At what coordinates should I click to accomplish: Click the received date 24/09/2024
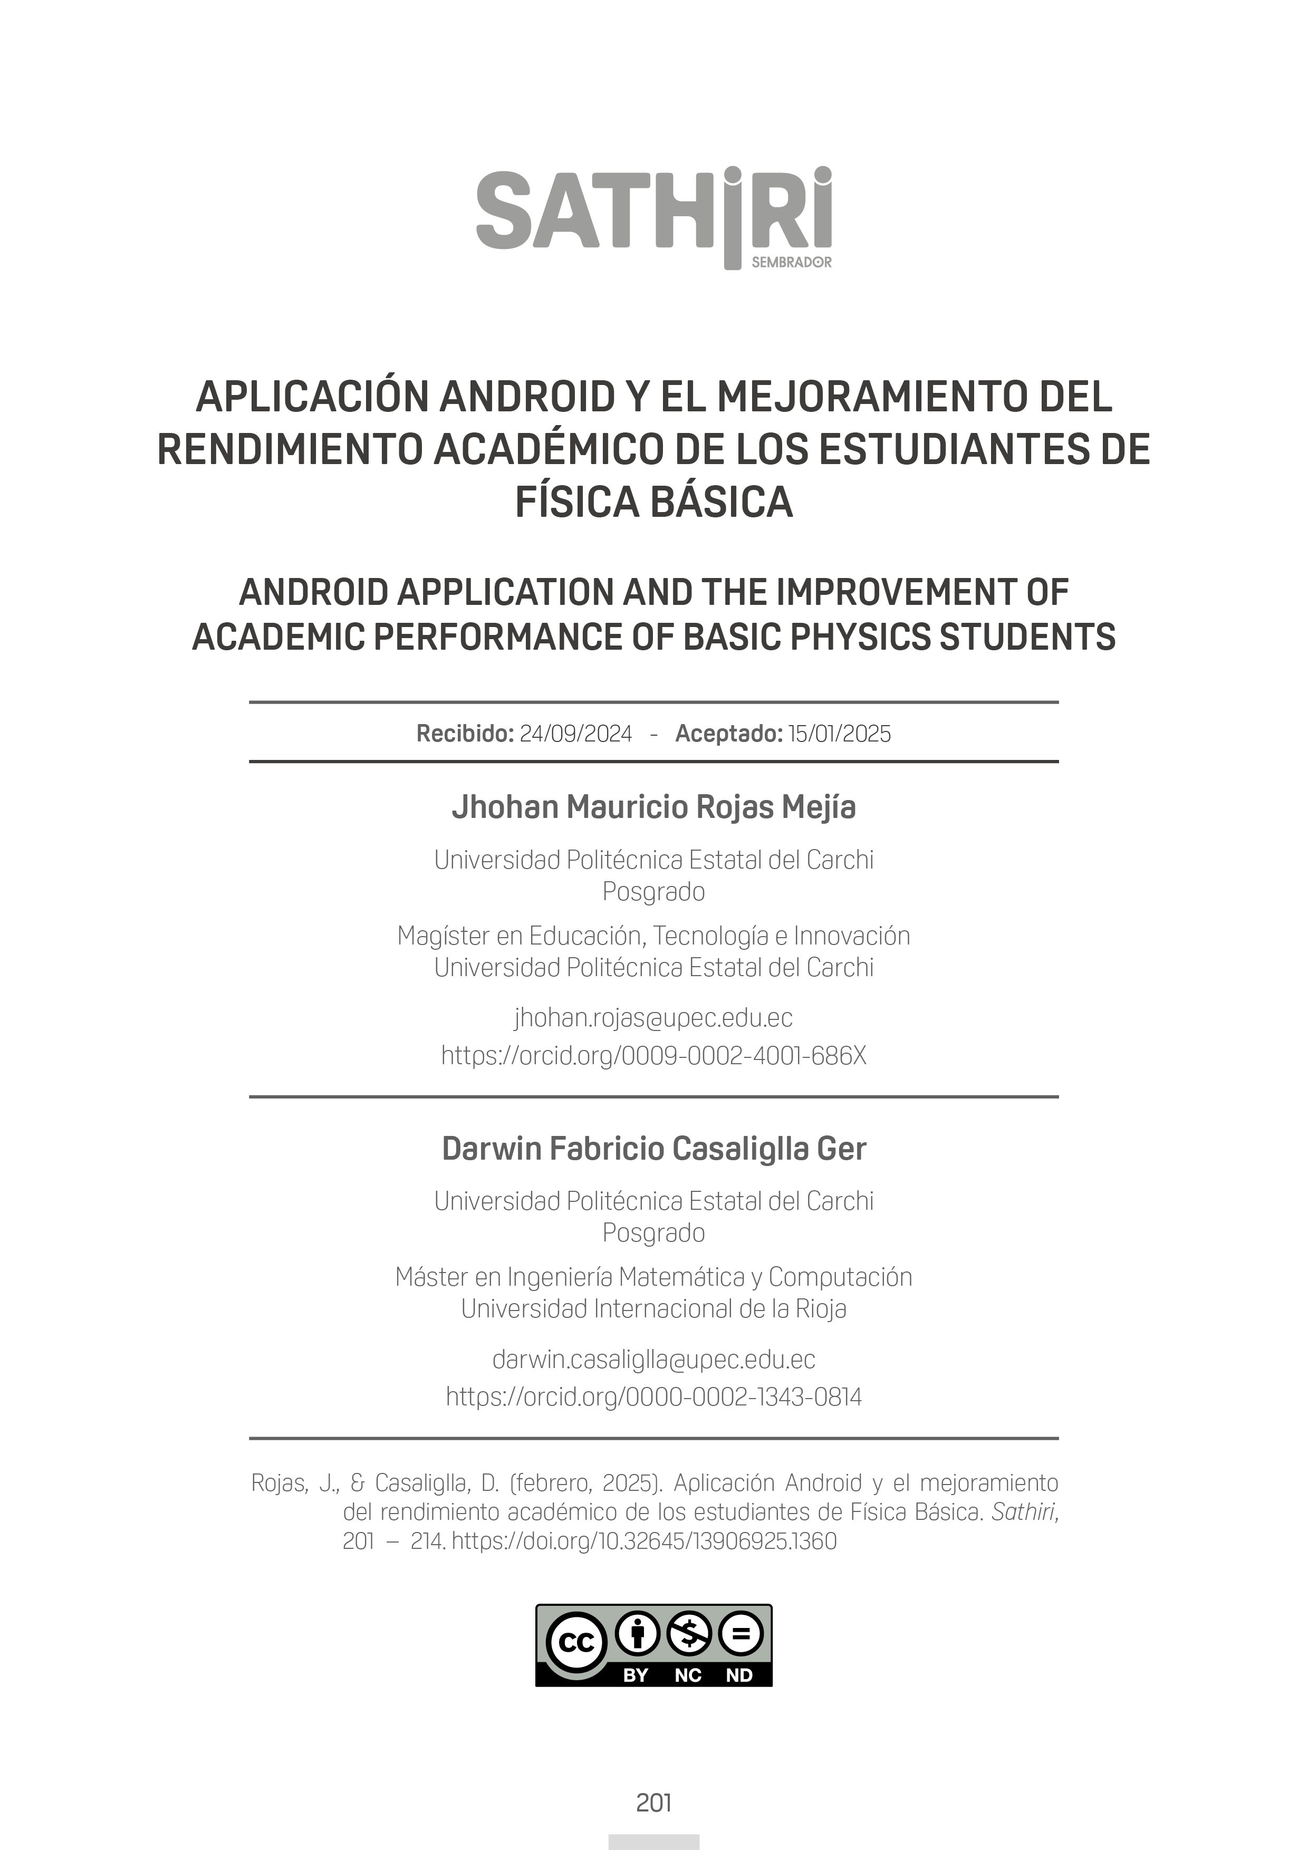[575, 734]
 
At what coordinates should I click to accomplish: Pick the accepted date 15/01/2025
[839, 734]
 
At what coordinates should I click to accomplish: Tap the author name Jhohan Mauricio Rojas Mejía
[653, 806]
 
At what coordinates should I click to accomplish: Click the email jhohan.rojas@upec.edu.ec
[653, 1018]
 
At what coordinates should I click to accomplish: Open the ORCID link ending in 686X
[653, 1056]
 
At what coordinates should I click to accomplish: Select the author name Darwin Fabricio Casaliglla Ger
[653, 1148]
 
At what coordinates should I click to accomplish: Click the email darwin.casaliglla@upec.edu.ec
[653, 1360]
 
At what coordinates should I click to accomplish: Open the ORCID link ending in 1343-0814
[653, 1396]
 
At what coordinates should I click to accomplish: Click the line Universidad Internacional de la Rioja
[653, 1308]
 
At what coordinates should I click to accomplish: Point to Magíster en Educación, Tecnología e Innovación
[653, 936]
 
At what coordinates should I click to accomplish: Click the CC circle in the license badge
[576, 1643]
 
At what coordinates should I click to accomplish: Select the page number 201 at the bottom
[653, 1803]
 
